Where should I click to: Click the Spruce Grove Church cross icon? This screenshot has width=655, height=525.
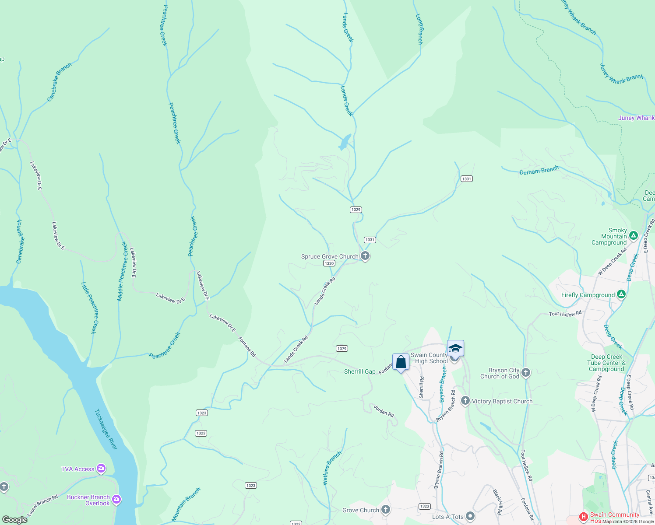coord(365,256)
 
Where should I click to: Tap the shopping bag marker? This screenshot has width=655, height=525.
coord(401,362)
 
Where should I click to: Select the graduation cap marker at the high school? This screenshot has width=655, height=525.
coord(455,349)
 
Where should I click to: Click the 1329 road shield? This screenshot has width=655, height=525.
coord(356,210)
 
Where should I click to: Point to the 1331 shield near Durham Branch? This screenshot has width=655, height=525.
coord(466,178)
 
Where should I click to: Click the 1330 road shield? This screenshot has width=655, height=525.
coord(329,263)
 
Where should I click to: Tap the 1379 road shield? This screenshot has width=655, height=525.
coord(342,349)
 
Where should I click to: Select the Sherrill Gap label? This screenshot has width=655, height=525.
coord(359,371)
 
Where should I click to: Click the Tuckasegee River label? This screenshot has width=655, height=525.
coord(106,429)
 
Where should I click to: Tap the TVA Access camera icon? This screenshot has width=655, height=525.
coord(102,469)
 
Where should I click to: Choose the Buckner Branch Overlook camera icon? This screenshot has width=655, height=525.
coord(116,499)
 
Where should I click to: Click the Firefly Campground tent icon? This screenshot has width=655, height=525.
coord(621,294)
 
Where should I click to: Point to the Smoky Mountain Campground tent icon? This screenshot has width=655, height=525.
coord(633,236)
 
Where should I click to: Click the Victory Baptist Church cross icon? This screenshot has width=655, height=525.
coord(465,401)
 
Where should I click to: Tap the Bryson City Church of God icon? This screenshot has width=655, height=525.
coord(526,373)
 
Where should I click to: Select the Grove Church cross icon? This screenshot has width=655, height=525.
coord(385,510)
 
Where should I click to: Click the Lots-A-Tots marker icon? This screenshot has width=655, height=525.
coord(470,517)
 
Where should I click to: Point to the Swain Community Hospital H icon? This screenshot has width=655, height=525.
coord(583,517)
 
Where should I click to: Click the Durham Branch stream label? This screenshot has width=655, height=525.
coord(539,170)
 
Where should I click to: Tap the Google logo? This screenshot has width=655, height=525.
coord(15,520)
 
